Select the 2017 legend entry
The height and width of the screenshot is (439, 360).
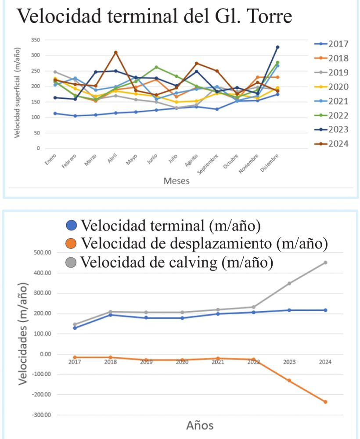pyautogui.click(x=338, y=44)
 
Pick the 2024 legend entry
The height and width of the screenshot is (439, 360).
pyautogui.click(x=338, y=144)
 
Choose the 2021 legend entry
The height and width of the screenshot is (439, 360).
pyautogui.click(x=338, y=101)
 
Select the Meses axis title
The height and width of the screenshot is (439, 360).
pyautogui.click(x=176, y=180)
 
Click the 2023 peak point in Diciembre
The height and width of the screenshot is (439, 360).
pyautogui.click(x=277, y=47)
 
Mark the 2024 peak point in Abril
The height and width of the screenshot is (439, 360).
pyautogui.click(x=116, y=52)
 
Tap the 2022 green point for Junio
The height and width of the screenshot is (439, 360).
pyautogui.click(x=156, y=67)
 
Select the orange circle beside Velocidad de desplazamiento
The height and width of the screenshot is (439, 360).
pyautogui.click(x=73, y=243)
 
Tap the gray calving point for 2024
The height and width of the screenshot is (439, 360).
pyautogui.click(x=325, y=263)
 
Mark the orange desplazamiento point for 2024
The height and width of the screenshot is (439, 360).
pyautogui.click(x=325, y=402)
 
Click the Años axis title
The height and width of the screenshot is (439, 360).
pyautogui.click(x=200, y=425)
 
